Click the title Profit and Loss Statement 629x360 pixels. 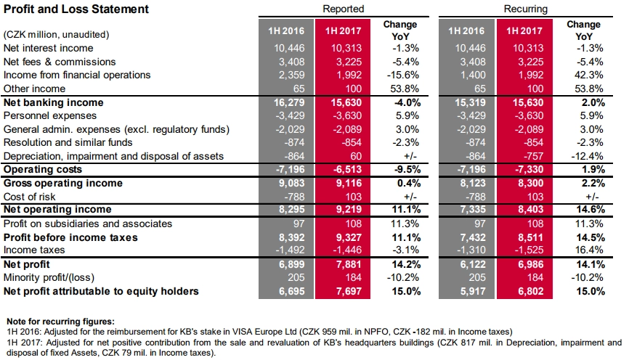click(x=76, y=9)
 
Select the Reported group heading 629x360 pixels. click(x=344, y=9)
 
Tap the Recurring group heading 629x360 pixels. click(x=526, y=9)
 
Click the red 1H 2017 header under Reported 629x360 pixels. click(x=343, y=31)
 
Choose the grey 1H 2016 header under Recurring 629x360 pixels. click(x=466, y=31)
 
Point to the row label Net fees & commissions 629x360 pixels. click(x=60, y=62)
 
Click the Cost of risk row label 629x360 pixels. click(x=29, y=197)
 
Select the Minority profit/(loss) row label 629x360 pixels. click(x=49, y=277)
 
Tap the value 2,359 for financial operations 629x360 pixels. click(x=292, y=75)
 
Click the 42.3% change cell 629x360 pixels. click(x=589, y=75)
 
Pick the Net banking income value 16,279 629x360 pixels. click(x=289, y=102)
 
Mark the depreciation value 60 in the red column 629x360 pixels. click(x=356, y=156)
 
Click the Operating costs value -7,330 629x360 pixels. click(x=529, y=169)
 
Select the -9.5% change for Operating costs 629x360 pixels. click(x=407, y=169)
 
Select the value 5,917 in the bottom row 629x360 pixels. click(x=473, y=292)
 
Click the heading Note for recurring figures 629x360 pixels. click(x=60, y=322)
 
